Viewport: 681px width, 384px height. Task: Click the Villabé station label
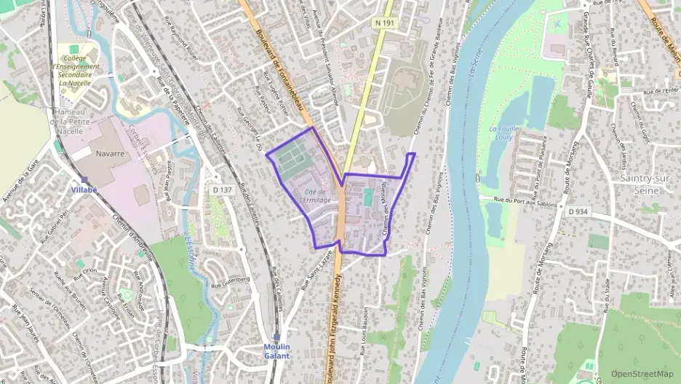click(84, 189)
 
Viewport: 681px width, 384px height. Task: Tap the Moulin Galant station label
click(276, 351)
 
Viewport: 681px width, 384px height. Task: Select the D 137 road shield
click(223, 190)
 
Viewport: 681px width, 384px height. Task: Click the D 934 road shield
click(578, 211)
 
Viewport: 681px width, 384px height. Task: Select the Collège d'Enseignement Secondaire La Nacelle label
click(76, 70)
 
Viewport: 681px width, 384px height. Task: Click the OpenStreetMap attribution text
click(642, 374)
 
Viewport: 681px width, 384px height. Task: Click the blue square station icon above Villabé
click(84, 179)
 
